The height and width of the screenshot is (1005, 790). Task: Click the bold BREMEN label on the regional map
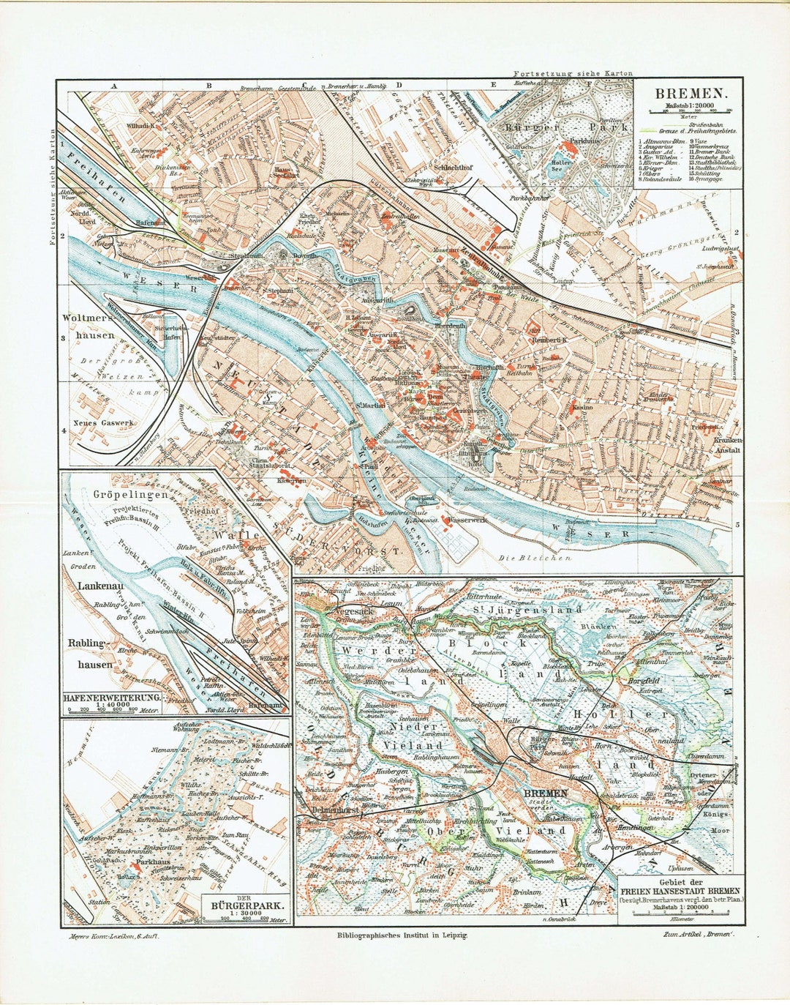[x=545, y=793]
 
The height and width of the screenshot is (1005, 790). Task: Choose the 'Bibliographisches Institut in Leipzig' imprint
[x=402, y=935]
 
